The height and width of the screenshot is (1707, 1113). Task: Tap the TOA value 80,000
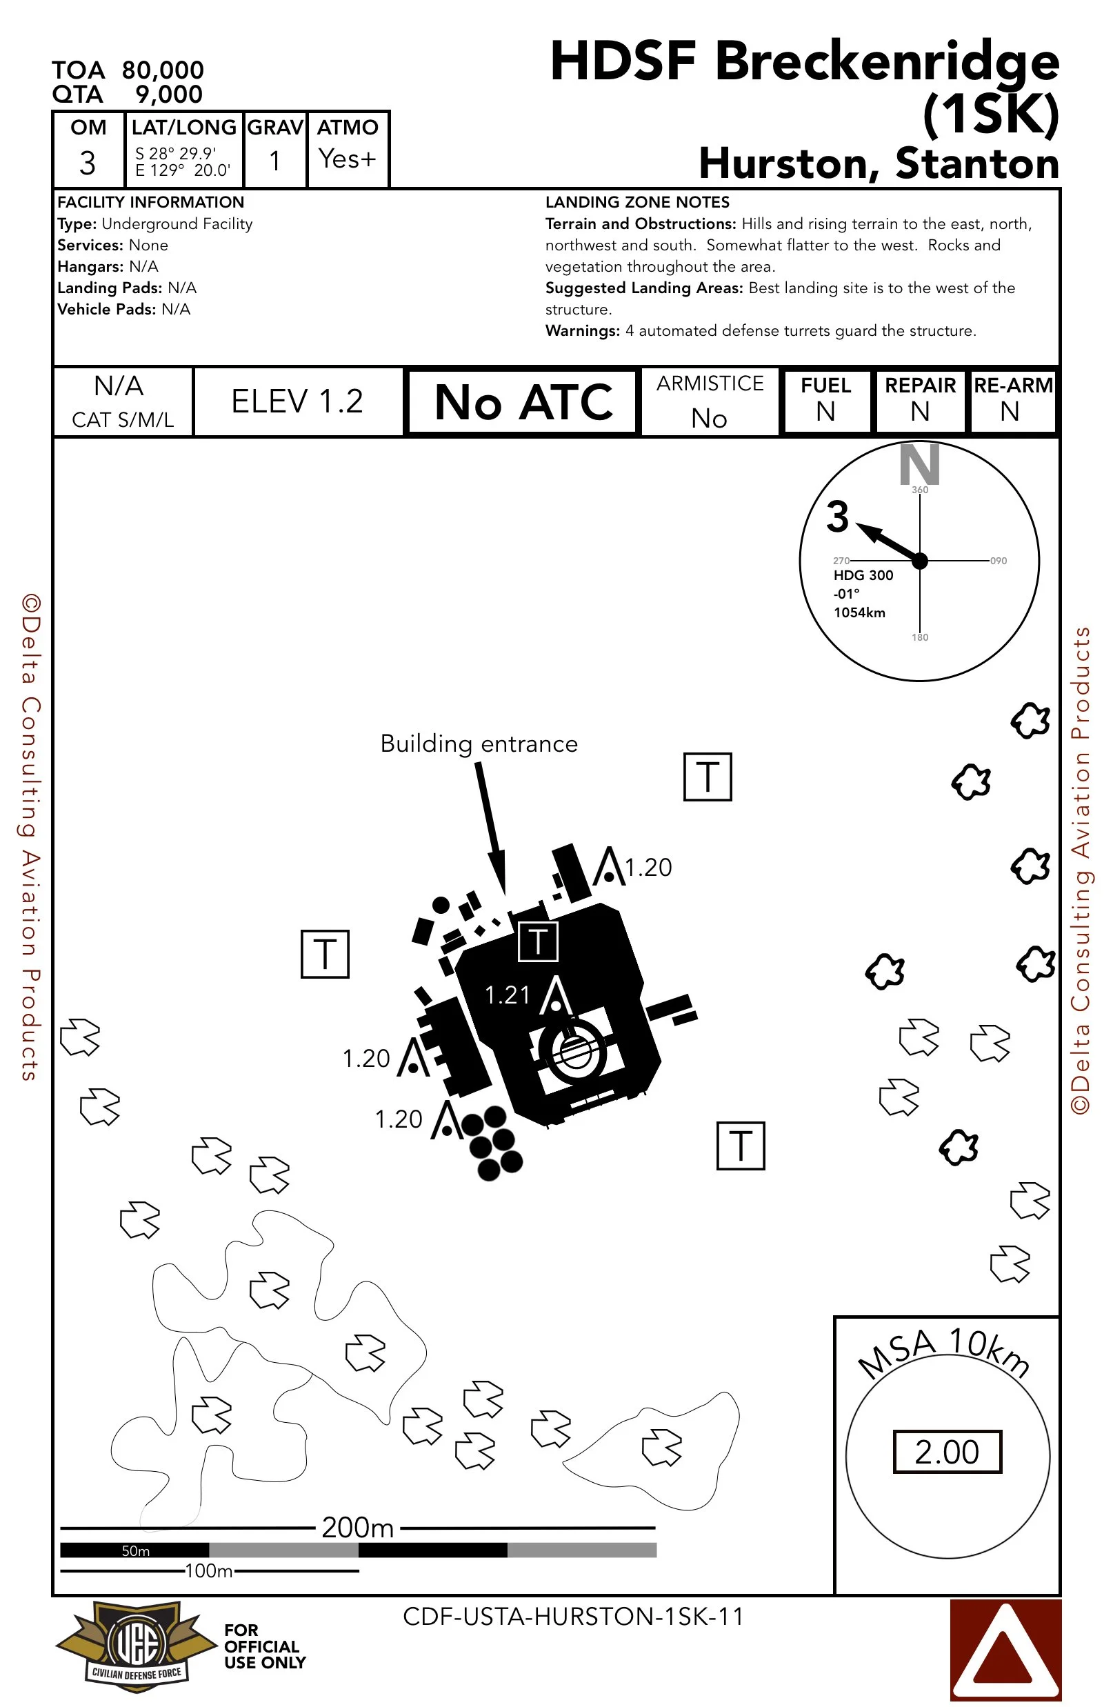(x=163, y=70)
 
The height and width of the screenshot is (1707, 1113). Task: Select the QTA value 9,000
(x=168, y=94)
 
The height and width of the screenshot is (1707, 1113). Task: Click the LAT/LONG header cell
(x=183, y=127)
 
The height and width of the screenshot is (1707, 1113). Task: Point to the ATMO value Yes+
(x=347, y=159)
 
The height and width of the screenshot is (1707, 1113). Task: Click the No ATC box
(x=522, y=401)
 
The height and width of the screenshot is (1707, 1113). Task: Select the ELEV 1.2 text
(x=297, y=401)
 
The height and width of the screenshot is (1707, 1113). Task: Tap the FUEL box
(x=826, y=400)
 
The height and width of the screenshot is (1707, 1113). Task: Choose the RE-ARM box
(x=1012, y=400)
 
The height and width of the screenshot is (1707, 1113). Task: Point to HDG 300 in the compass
(x=863, y=575)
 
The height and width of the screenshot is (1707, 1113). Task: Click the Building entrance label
(x=479, y=743)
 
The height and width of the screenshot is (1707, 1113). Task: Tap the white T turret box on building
(x=538, y=941)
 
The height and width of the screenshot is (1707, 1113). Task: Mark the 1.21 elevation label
(x=507, y=995)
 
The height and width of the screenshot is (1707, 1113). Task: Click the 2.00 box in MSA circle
(x=947, y=1451)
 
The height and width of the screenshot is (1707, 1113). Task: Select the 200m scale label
(x=357, y=1527)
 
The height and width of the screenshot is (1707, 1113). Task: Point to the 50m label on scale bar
(x=136, y=1550)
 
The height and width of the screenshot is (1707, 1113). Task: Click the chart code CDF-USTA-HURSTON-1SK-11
(x=573, y=1616)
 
